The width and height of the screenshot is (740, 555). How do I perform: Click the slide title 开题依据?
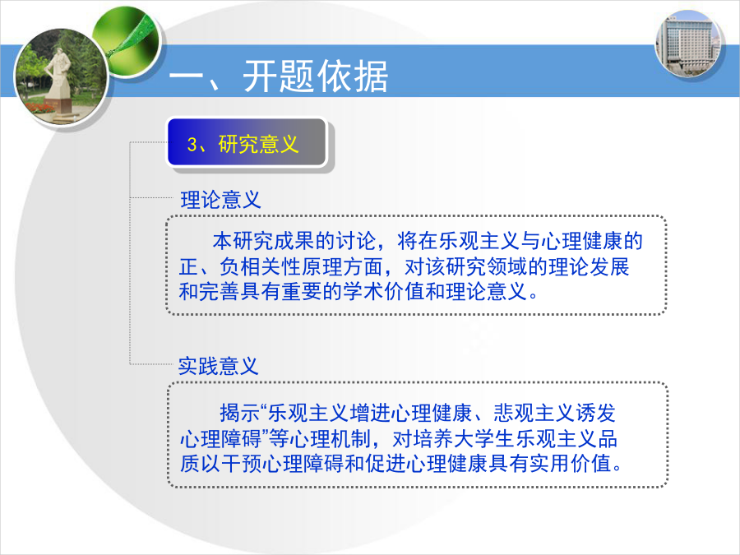tap(315, 76)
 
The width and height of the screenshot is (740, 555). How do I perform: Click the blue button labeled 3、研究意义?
tap(247, 142)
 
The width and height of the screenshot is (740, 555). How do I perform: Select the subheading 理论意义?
tap(220, 200)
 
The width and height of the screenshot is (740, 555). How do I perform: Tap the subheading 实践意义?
tap(219, 366)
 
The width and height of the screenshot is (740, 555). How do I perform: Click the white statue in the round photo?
tap(58, 78)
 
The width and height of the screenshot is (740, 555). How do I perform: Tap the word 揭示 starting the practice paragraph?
tap(230, 413)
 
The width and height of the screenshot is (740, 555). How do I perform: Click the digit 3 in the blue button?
tap(192, 144)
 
